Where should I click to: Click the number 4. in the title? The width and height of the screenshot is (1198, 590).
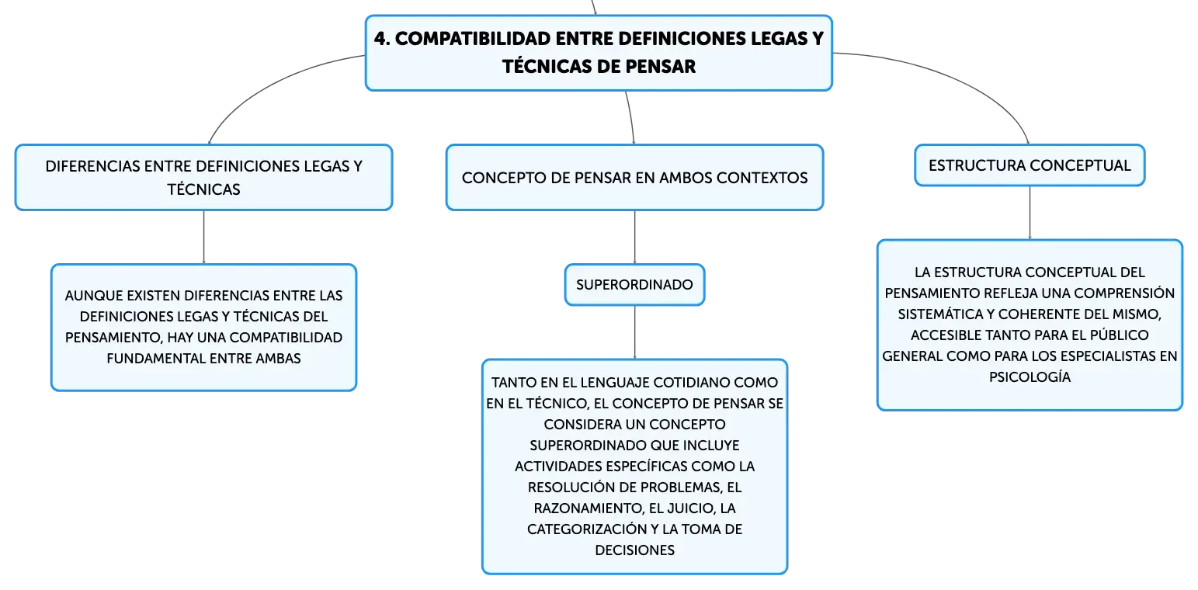[382, 39]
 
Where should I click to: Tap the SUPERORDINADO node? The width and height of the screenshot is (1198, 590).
[634, 285]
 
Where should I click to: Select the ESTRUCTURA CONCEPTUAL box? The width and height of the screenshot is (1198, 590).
[1030, 165]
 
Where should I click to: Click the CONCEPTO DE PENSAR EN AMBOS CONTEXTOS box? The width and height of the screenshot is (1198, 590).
[634, 178]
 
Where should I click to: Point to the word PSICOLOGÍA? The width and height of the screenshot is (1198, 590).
[1030, 377]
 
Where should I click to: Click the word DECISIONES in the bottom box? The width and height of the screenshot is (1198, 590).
[634, 550]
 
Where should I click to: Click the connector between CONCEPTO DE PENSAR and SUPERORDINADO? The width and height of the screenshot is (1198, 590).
[635, 237]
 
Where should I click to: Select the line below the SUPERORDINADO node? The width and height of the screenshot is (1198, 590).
[635, 332]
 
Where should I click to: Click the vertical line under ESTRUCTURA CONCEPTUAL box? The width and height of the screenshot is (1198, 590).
[1030, 213]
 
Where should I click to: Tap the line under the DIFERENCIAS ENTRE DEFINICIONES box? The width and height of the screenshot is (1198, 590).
[203, 237]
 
